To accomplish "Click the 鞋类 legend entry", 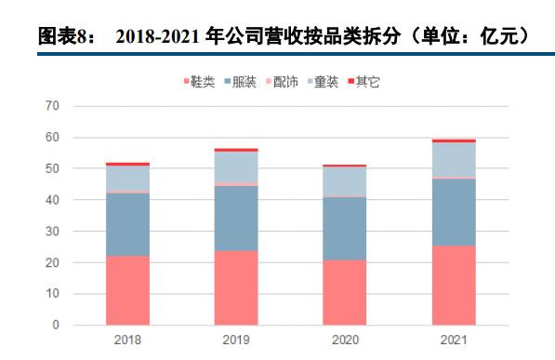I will pos(199,82).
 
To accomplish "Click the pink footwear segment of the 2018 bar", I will pos(127,290).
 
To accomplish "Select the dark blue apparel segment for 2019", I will pos(236,218).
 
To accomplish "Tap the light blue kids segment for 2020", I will pos(344,181).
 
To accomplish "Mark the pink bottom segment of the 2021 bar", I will pos(453,285).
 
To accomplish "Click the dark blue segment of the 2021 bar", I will pos(453,211).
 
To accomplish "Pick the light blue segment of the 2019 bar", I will pos(236,167).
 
